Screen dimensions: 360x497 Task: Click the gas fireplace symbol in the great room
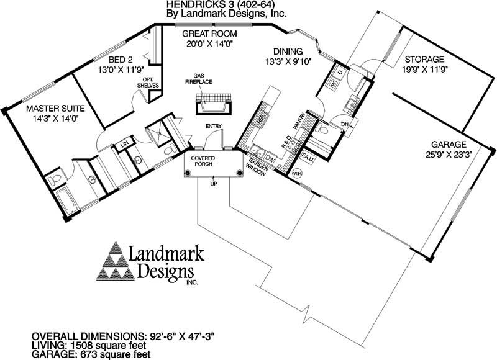[212, 103]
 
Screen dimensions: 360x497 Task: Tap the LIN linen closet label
[124, 145]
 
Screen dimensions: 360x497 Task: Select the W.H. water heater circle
[296, 173]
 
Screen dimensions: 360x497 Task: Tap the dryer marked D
[340, 73]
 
